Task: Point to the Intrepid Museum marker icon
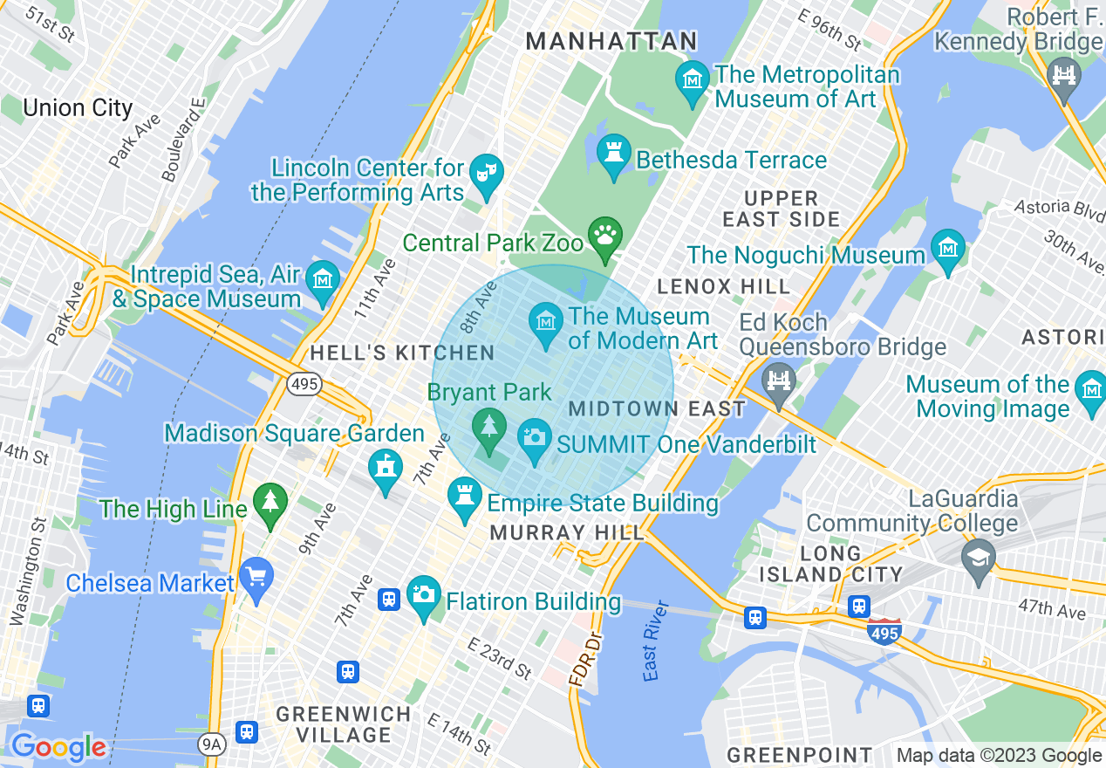pyautogui.click(x=323, y=280)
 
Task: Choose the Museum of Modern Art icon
pyautogui.click(x=547, y=321)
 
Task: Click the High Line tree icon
pyautogui.click(x=270, y=502)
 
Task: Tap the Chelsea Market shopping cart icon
pyautogui.click(x=256, y=577)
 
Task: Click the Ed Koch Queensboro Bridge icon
pyautogui.click(x=778, y=381)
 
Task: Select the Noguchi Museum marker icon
pyautogui.click(x=947, y=248)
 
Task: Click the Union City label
pyautogui.click(x=78, y=108)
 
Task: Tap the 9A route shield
pyautogui.click(x=211, y=744)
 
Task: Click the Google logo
pyautogui.click(x=58, y=747)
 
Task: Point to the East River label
pyautogui.click(x=655, y=641)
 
